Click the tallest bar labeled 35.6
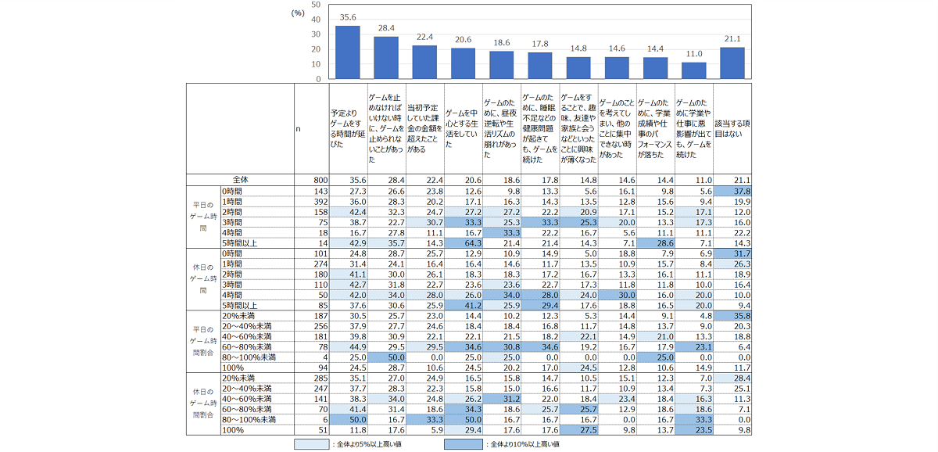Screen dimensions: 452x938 pyautogui.click(x=347, y=52)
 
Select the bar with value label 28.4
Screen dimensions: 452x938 pyautogui.click(x=386, y=58)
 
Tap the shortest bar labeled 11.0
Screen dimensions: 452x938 pyautogui.click(x=693, y=70)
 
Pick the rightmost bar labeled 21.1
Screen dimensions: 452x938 pyautogui.click(x=732, y=63)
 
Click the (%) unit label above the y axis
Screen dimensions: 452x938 pyautogui.click(x=297, y=13)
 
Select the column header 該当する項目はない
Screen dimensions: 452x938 pyautogui.click(x=732, y=129)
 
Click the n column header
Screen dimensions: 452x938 pyautogui.click(x=299, y=129)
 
